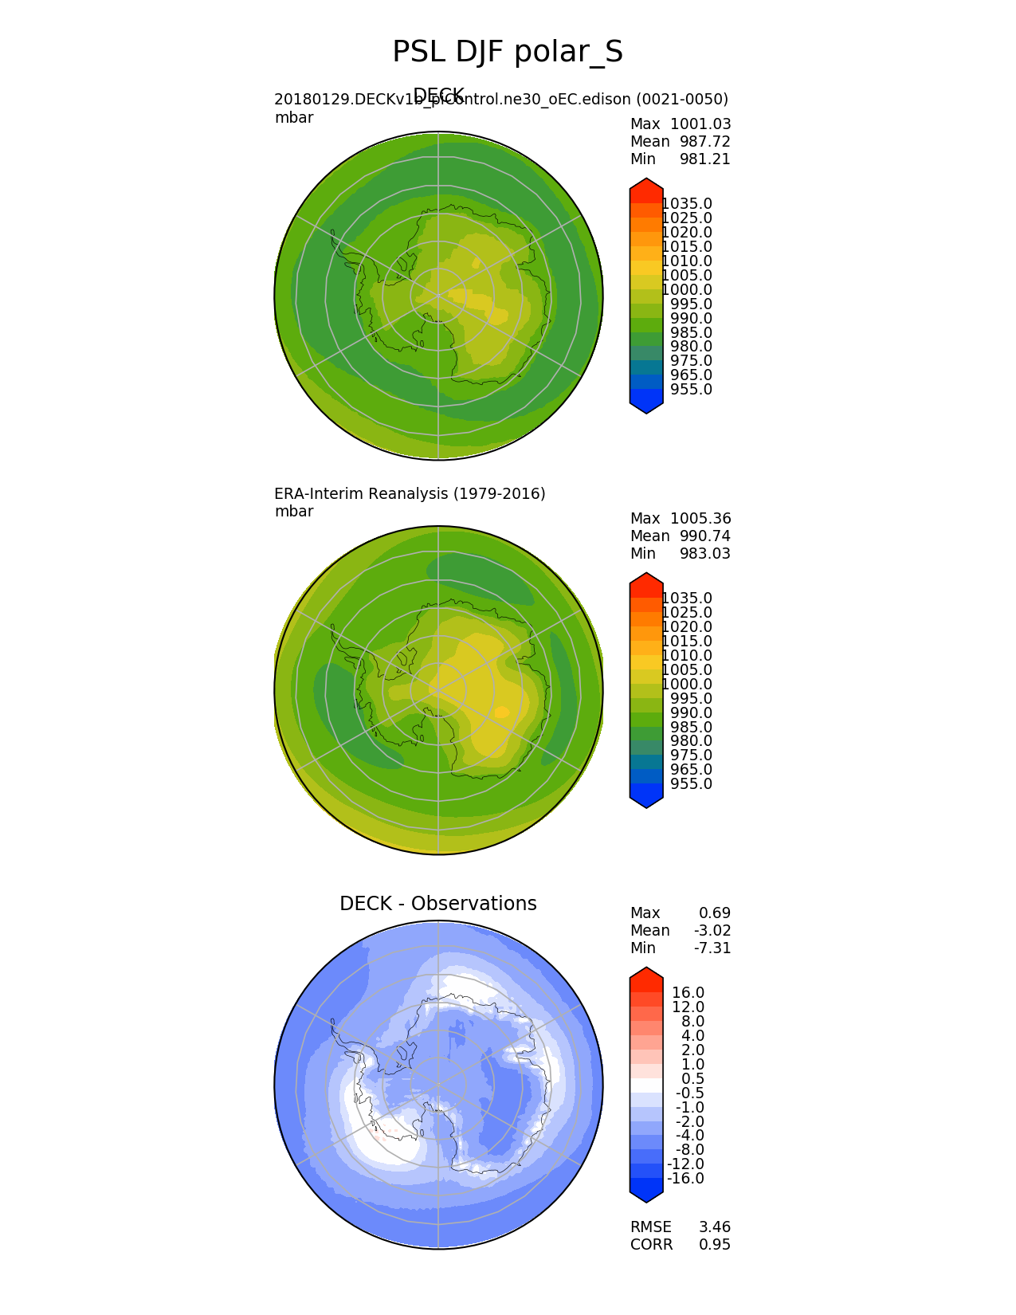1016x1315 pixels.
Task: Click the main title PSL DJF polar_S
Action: pos(508,53)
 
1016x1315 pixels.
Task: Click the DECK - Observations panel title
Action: pos(437,904)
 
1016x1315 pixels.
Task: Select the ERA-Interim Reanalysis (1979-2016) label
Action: pos(410,494)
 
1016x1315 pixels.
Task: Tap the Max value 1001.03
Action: pos(700,124)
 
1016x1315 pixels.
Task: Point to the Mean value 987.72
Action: pos(704,142)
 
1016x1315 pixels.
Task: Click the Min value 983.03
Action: pos(704,554)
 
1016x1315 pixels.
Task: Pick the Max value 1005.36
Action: pos(700,519)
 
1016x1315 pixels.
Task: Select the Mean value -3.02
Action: pos(715,931)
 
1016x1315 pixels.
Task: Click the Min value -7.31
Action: pos(715,948)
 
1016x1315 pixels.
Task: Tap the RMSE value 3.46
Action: pos(715,1227)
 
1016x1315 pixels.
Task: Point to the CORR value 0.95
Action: pos(715,1245)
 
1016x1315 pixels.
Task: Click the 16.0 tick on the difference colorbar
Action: pos(688,993)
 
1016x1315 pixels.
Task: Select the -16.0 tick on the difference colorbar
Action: pos(685,1179)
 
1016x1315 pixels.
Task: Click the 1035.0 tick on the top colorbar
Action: pos(687,204)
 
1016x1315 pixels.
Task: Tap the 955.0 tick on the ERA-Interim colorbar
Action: pos(691,784)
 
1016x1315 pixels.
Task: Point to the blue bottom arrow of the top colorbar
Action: pos(646,406)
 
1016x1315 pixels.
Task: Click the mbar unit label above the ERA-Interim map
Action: pos(294,512)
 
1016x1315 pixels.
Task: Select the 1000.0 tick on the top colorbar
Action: pos(687,290)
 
